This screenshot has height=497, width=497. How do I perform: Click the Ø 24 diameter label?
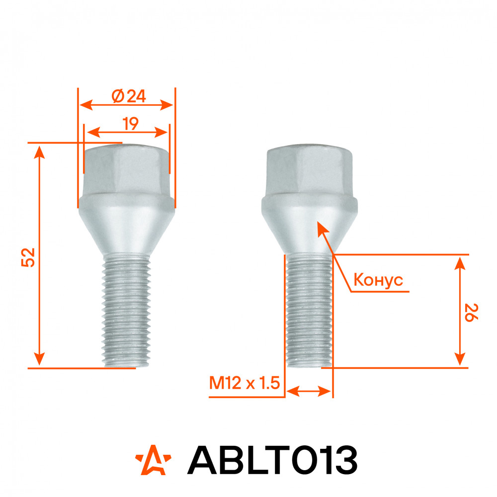coord(129,96)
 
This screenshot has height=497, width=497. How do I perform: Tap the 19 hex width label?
coord(130,124)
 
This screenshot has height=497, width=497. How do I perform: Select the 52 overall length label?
coord(28,257)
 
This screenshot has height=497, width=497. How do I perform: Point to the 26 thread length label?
coord(471,313)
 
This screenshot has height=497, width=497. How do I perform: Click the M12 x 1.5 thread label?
coord(245,383)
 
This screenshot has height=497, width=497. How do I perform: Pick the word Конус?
coord(378,280)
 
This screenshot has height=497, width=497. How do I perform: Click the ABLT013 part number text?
coord(272,460)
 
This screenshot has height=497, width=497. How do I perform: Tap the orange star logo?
coord(153,460)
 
